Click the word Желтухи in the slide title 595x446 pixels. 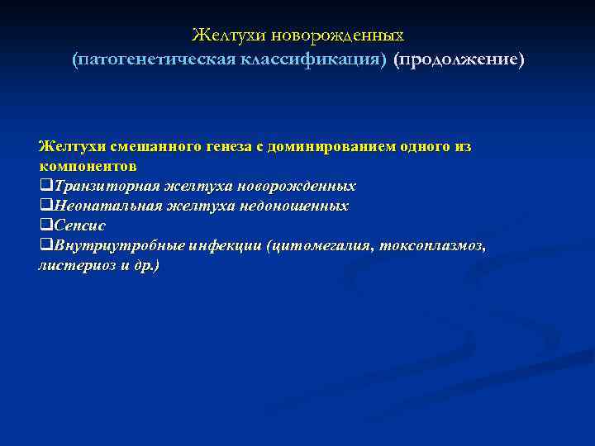(223, 36)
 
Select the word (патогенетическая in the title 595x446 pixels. (155, 60)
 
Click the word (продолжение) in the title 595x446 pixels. (459, 60)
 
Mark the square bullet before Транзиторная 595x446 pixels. (45, 186)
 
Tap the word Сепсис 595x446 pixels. (79, 225)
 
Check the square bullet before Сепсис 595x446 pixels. (45, 225)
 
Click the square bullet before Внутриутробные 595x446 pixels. (45, 246)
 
